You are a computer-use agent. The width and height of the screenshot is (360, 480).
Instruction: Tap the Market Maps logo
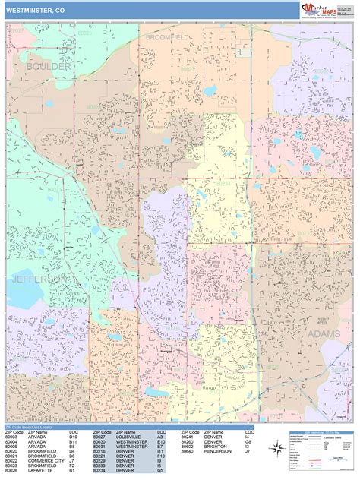[x=326, y=9]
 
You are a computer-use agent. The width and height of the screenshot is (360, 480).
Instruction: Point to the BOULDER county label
[x=48, y=67]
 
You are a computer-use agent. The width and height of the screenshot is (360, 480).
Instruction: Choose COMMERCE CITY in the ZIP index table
[x=46, y=460]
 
